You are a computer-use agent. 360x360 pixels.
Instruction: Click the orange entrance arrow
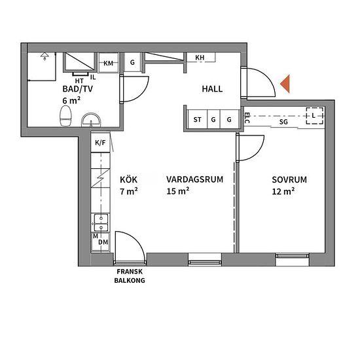pos(285,84)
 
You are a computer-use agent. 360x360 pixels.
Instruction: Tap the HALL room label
pos(212,89)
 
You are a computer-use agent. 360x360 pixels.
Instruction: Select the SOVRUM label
pos(289,179)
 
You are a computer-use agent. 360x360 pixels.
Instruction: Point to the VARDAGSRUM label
pos(194,179)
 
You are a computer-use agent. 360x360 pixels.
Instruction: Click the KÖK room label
pos(128,179)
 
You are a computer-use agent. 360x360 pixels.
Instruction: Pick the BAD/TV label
pos(78,89)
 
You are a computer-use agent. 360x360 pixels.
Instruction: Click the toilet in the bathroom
pos(65,116)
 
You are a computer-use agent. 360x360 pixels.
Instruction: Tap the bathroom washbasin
pos(91,120)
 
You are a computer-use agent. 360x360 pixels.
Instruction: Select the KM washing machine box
pos(109,63)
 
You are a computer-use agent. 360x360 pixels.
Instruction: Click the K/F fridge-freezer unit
pos(100,142)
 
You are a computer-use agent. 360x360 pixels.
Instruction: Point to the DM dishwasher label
pos(103,242)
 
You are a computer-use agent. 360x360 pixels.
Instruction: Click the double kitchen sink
pos(100,223)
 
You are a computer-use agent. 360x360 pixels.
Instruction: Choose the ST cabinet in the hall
pos(197,119)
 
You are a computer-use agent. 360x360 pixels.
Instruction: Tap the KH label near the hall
pos(200,58)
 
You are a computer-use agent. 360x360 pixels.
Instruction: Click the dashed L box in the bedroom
pos(315,116)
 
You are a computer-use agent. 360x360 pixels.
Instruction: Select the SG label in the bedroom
pos(283,122)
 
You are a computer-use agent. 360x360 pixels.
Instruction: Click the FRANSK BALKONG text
pos(130,276)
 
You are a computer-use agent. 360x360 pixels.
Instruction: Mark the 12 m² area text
pos(283,191)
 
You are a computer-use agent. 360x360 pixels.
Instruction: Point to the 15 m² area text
pos(178,191)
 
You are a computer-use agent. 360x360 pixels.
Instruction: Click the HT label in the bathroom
pos(79,81)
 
